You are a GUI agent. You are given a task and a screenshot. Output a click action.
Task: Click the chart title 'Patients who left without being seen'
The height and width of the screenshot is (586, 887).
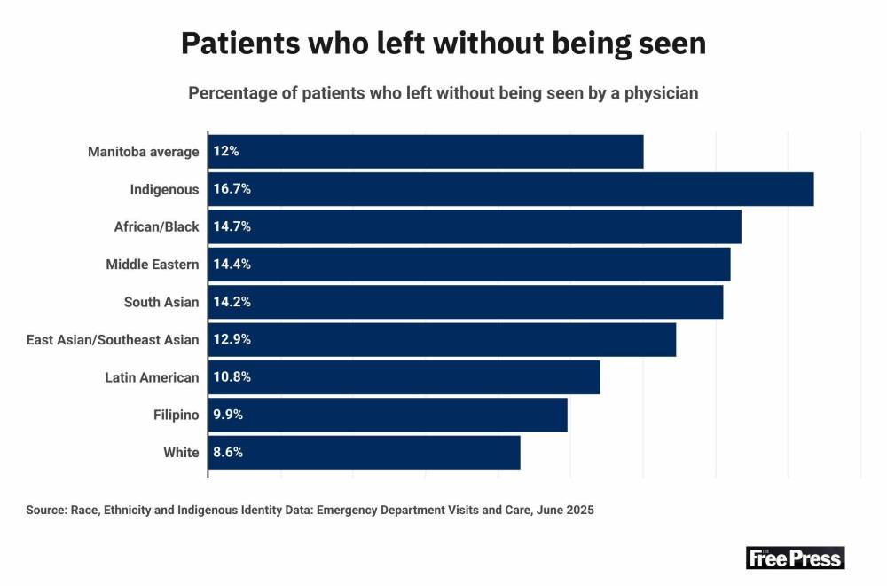[x=443, y=43]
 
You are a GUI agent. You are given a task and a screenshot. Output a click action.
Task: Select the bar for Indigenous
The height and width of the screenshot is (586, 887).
[x=511, y=189]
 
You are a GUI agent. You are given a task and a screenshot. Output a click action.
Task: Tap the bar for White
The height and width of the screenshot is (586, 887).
[x=365, y=452]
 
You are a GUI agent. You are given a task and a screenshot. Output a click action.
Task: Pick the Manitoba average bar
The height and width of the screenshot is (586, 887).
[x=426, y=152]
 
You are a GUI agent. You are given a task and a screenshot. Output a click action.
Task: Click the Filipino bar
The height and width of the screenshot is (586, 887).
[x=388, y=415]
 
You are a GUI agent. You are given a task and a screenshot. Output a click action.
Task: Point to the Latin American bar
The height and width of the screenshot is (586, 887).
[x=404, y=377]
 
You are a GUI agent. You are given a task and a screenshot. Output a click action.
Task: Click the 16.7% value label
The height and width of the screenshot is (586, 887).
[x=232, y=189]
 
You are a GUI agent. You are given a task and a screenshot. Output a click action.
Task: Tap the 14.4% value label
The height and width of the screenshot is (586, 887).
[x=232, y=265]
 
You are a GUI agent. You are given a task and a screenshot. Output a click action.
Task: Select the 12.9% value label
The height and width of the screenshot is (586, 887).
[x=232, y=339]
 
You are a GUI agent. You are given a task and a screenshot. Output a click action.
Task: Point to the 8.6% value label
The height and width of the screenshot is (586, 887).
[x=228, y=452]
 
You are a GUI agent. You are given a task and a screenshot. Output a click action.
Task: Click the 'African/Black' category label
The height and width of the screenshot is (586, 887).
[x=156, y=226]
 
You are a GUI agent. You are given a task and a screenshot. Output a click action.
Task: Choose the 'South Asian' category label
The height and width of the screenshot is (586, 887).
[x=161, y=302]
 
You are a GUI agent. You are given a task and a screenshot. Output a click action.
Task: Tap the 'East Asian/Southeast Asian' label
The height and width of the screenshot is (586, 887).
[x=114, y=339]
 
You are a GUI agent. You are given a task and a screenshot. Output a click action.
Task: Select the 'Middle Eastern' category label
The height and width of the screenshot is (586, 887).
[x=153, y=265]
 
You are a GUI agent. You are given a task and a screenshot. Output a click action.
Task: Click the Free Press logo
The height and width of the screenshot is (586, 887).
[x=795, y=558]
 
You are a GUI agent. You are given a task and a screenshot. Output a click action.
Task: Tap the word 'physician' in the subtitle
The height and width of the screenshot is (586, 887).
[x=658, y=93]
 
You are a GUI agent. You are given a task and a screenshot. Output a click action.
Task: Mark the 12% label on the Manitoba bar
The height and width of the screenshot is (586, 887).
[x=226, y=152]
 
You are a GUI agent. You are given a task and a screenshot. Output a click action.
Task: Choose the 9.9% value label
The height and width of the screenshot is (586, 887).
[x=228, y=415]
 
